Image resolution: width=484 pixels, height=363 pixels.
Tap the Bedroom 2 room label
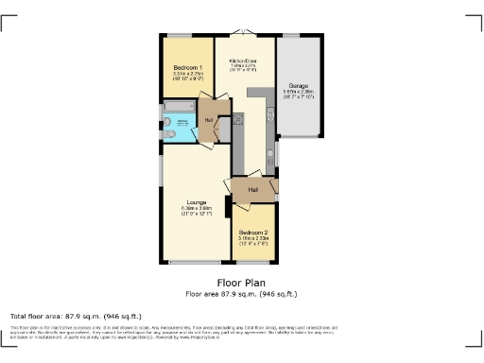coord(254,233)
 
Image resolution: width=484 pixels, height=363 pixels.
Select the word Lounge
coord(197,202)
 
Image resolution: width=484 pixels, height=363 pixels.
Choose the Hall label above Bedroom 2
coord(253,190)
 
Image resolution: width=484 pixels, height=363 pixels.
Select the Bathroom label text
coord(183,121)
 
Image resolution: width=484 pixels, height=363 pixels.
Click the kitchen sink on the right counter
coord(269,116)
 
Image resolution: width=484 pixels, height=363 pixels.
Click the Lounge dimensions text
coord(197,210)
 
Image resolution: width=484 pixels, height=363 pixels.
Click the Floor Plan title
coord(242,283)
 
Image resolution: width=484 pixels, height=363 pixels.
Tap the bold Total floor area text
coord(76,316)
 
